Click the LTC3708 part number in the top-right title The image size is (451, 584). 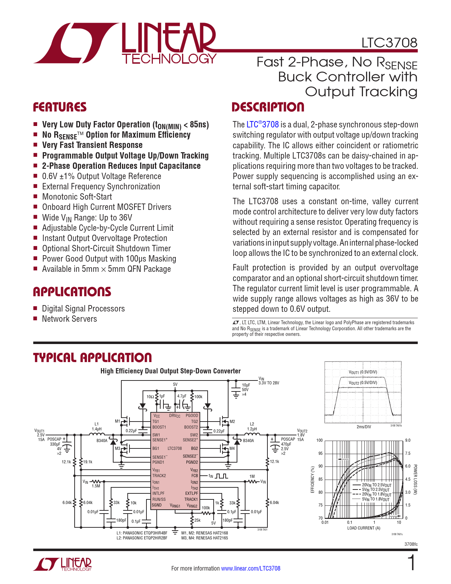click(389, 43)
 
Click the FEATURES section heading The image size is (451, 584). click(60, 107)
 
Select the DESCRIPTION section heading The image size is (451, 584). click(268, 107)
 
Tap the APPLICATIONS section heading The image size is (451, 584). click(72, 292)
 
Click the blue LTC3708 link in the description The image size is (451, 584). click(262, 125)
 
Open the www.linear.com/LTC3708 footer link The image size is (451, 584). click(250, 568)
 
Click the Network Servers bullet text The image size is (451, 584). click(69, 319)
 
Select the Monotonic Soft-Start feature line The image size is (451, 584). click(77, 197)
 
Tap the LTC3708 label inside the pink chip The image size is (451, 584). click(175, 448)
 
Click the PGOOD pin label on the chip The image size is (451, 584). click(192, 416)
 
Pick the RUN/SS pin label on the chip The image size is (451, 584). click(159, 499)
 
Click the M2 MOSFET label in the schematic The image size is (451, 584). click(232, 422)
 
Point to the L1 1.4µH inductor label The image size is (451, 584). click(97, 426)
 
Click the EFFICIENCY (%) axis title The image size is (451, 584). click(313, 479)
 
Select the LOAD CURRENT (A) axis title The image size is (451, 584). click(364, 528)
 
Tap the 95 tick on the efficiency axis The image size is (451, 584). click(320, 453)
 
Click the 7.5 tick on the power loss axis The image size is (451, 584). click(408, 453)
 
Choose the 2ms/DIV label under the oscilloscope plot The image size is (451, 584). click(364, 427)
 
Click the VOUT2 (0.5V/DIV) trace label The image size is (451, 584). click(363, 383)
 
